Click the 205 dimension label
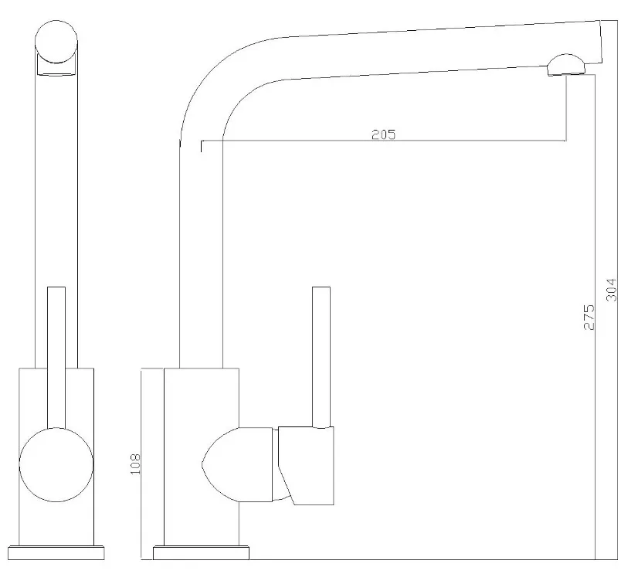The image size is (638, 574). click(383, 134)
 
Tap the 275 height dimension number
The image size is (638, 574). click(589, 317)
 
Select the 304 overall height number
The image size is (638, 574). click(612, 290)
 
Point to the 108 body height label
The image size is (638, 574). click(135, 464)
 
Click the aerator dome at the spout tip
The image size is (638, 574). click(566, 65)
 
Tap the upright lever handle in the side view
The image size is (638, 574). click(321, 357)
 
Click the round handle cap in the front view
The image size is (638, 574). click(56, 464)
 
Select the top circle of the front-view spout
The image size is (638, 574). click(56, 42)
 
